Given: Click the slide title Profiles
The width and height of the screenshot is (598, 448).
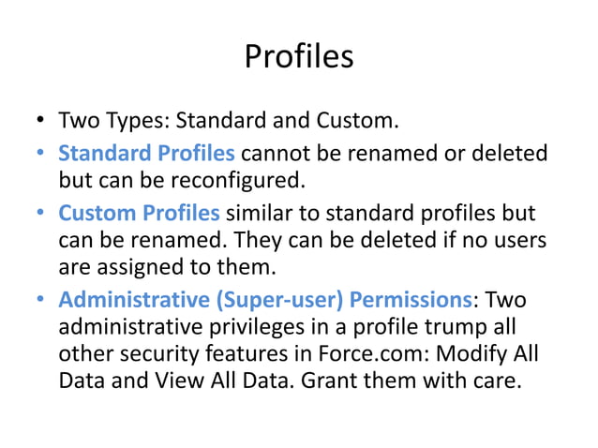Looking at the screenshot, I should click(x=299, y=57).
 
